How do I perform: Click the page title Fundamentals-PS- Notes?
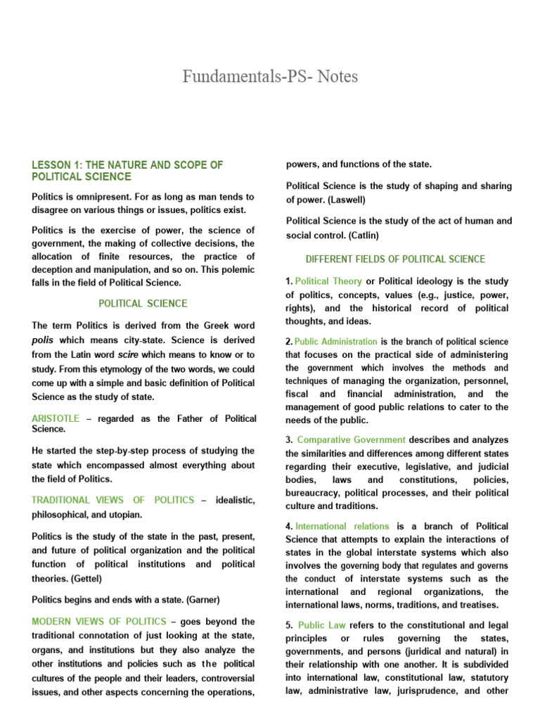(270, 76)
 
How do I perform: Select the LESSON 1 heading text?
(127, 170)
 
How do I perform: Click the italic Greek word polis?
(43, 339)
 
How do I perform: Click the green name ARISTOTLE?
(56, 419)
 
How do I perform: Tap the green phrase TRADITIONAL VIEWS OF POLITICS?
(112, 500)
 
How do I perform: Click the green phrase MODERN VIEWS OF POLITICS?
(99, 622)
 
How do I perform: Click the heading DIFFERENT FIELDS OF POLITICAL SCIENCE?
(395, 259)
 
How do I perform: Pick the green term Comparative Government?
(351, 440)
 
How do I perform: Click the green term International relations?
(342, 526)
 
